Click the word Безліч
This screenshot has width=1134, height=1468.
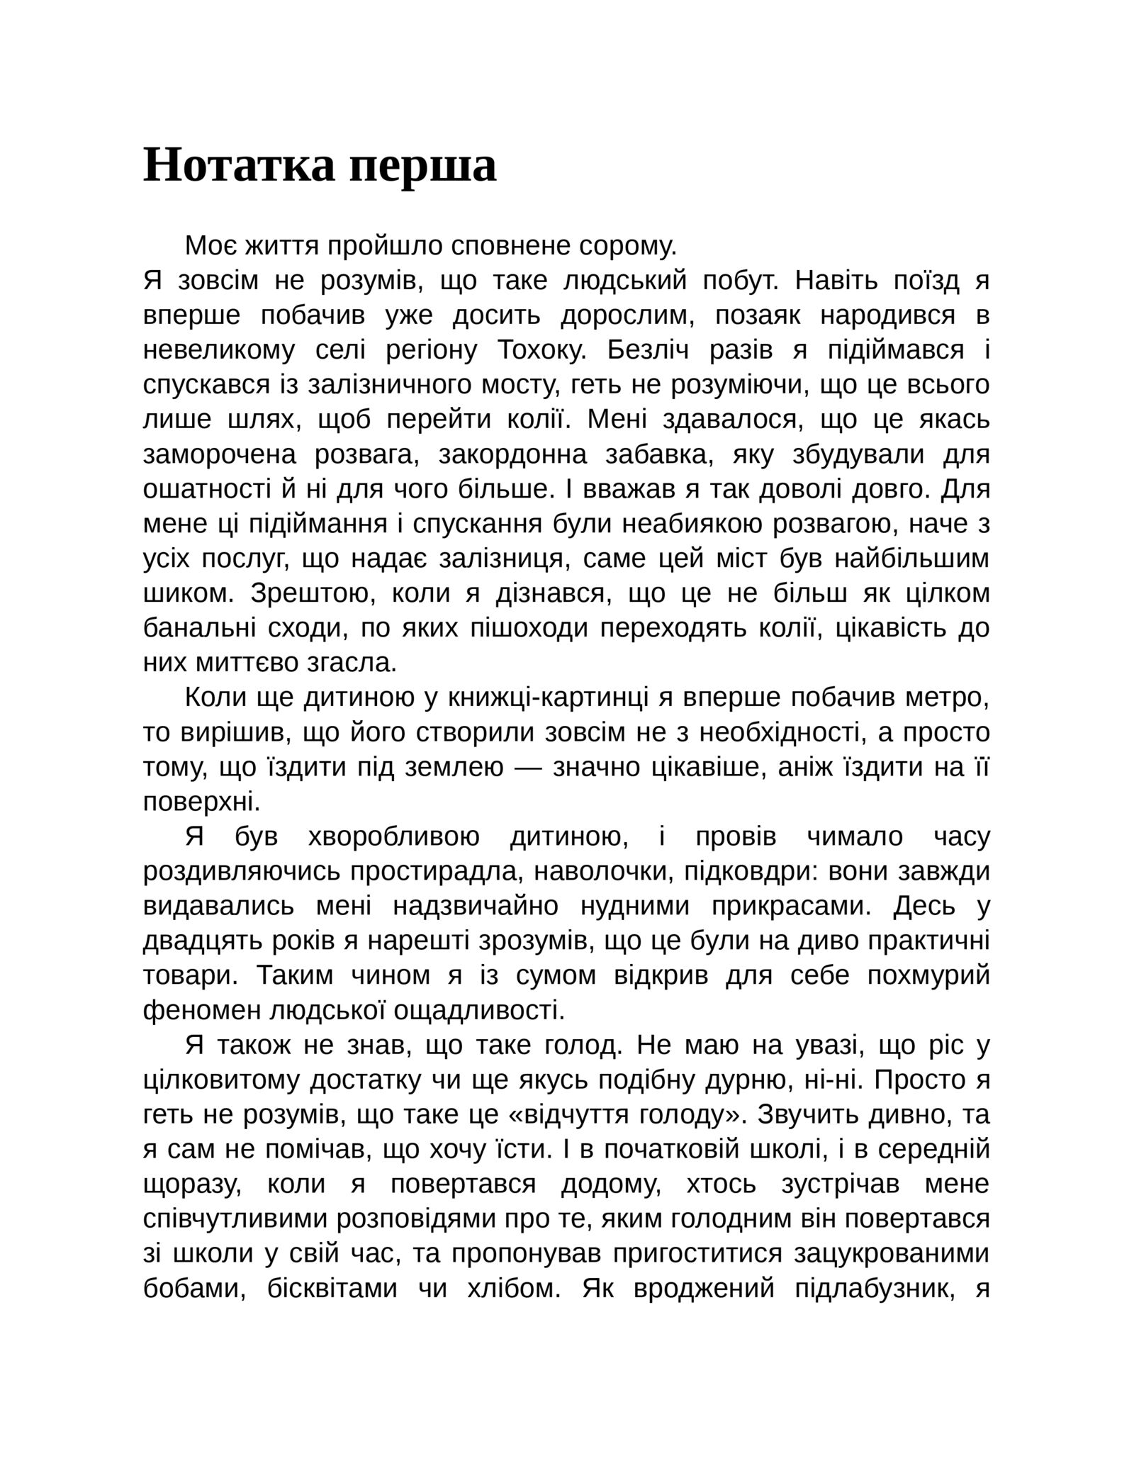pos(648,350)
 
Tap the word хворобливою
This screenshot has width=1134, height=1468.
pos(394,836)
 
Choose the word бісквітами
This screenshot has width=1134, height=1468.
pos(332,1288)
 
